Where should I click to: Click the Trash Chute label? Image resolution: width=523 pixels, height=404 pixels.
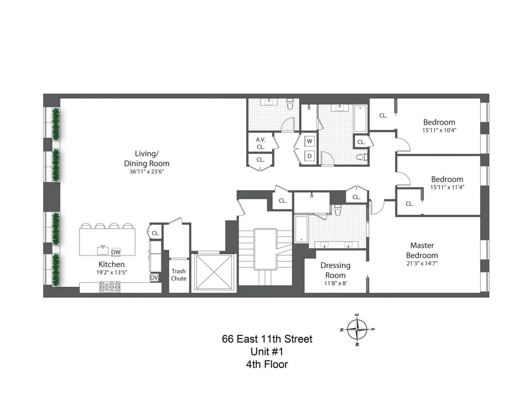pos(178,275)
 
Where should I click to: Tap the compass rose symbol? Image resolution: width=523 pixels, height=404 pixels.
pos(357,329)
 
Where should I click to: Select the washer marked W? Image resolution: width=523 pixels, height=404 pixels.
pos(309,141)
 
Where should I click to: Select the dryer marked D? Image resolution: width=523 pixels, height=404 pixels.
pos(309,156)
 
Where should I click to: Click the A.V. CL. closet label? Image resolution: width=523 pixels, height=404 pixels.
pos(260,143)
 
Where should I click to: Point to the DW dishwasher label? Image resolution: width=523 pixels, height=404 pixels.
pos(116,252)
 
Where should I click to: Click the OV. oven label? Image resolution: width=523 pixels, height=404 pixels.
pos(154,277)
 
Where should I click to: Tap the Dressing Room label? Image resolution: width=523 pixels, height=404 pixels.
pos(335,270)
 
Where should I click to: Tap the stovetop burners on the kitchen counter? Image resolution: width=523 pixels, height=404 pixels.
pos(110,286)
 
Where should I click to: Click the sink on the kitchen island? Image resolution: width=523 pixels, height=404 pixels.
pos(103,248)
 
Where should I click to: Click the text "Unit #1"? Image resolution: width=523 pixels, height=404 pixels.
pos(267,351)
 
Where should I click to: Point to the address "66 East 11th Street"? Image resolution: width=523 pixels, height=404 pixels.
pos(267,339)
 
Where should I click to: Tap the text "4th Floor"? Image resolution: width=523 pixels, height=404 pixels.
pos(267,364)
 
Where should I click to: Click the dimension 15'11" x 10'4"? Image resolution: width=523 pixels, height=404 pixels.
pos(439,130)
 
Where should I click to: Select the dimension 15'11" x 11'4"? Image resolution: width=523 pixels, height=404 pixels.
pos(447,187)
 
